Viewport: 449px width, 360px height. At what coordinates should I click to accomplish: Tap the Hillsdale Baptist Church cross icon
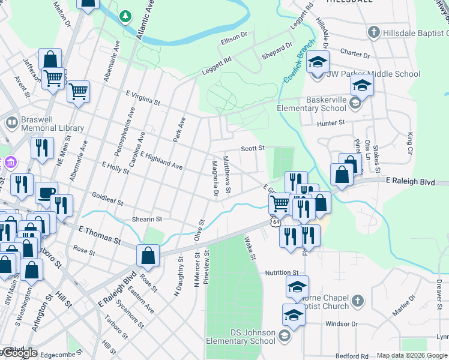tap(374, 31)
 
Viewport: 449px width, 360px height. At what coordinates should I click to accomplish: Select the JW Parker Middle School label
tap(373, 74)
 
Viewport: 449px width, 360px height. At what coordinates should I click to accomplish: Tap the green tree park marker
tap(125, 16)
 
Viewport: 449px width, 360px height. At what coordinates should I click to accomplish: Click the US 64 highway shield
tap(275, 222)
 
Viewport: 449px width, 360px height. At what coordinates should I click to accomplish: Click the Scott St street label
tap(253, 148)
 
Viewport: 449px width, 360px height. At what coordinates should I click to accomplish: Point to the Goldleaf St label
tap(107, 199)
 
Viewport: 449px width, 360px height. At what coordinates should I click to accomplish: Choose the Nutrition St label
tap(282, 272)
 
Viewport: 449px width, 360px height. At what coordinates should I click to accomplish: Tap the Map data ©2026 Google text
tap(412, 355)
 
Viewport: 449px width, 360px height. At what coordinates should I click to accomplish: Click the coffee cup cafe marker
tap(46, 193)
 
